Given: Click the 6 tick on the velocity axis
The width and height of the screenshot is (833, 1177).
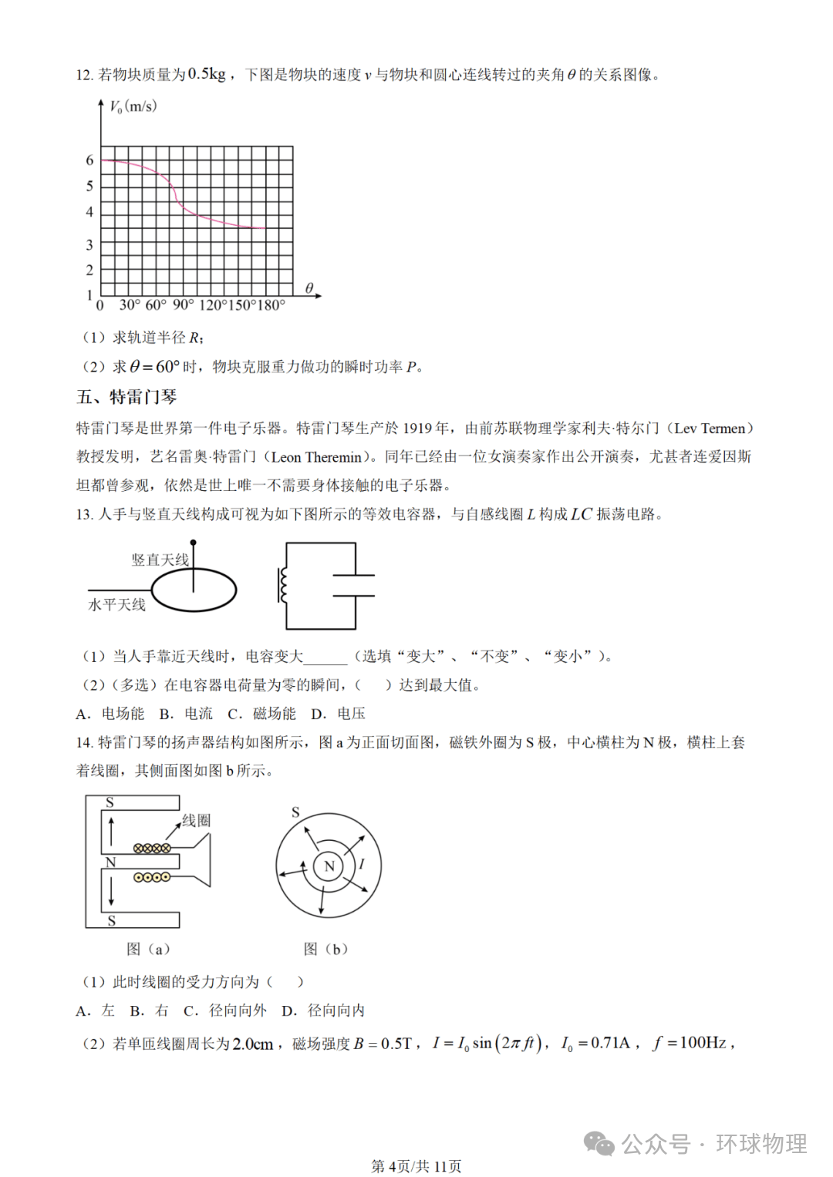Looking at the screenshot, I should tap(89, 160).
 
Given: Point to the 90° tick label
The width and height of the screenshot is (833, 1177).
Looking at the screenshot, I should tap(183, 305).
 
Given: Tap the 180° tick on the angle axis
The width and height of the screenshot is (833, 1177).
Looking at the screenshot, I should tap(271, 305).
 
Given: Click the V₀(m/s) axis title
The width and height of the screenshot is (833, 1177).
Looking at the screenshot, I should tap(133, 106).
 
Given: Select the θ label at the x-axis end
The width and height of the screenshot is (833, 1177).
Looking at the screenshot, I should tap(309, 288).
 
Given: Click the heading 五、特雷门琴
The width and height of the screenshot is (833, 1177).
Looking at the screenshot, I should tap(126, 397).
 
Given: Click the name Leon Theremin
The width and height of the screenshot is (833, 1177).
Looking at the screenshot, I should tap(316, 457).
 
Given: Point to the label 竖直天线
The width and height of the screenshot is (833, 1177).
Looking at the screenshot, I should tap(160, 560).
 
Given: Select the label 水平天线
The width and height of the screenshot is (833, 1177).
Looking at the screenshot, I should tap(117, 605).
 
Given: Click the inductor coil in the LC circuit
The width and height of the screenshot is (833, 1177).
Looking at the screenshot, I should tap(283, 586).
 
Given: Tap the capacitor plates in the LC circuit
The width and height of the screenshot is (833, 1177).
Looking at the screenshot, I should tap(354, 586).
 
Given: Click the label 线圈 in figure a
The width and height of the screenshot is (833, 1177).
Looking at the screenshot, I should tap(196, 820).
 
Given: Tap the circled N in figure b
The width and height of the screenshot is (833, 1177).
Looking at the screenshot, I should tap(329, 866).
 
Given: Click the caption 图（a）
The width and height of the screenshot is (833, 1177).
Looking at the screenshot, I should tap(148, 949).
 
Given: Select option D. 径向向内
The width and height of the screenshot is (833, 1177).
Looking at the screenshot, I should tap(323, 1011).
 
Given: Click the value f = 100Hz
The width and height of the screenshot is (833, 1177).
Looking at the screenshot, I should tap(690, 1043).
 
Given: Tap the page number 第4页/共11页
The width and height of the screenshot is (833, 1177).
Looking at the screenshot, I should tap(416, 1166).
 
